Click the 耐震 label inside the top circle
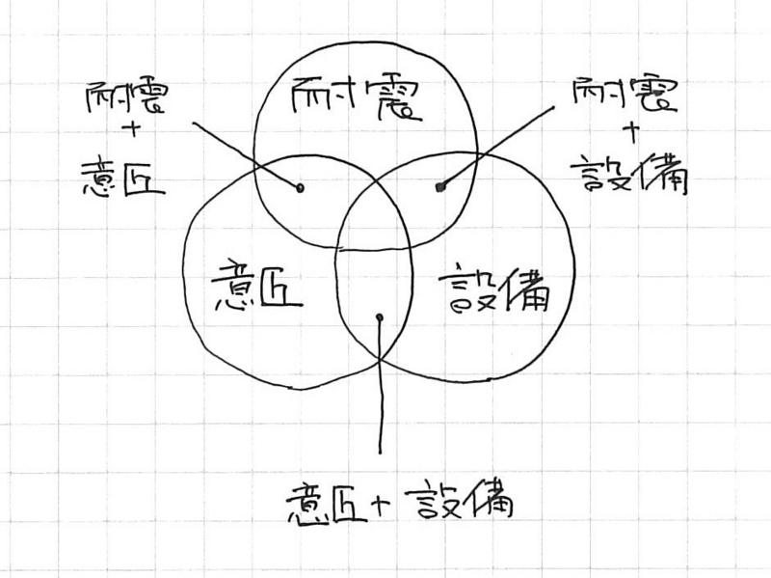coord(355,98)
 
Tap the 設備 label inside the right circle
coord(494,290)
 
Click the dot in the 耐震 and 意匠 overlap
coord(300,187)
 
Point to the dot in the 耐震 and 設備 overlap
coord(440,186)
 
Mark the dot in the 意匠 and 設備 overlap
coord(379,317)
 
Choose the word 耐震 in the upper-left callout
coord(127,97)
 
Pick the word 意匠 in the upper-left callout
coord(122,178)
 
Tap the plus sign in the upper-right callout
coord(632,133)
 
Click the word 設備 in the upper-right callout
coord(629,174)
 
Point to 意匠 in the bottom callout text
coord(327,504)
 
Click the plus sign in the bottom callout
coord(381,504)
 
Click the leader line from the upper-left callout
coord(246,154)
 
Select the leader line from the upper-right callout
coord(496,147)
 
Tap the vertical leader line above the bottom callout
coord(380,386)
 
